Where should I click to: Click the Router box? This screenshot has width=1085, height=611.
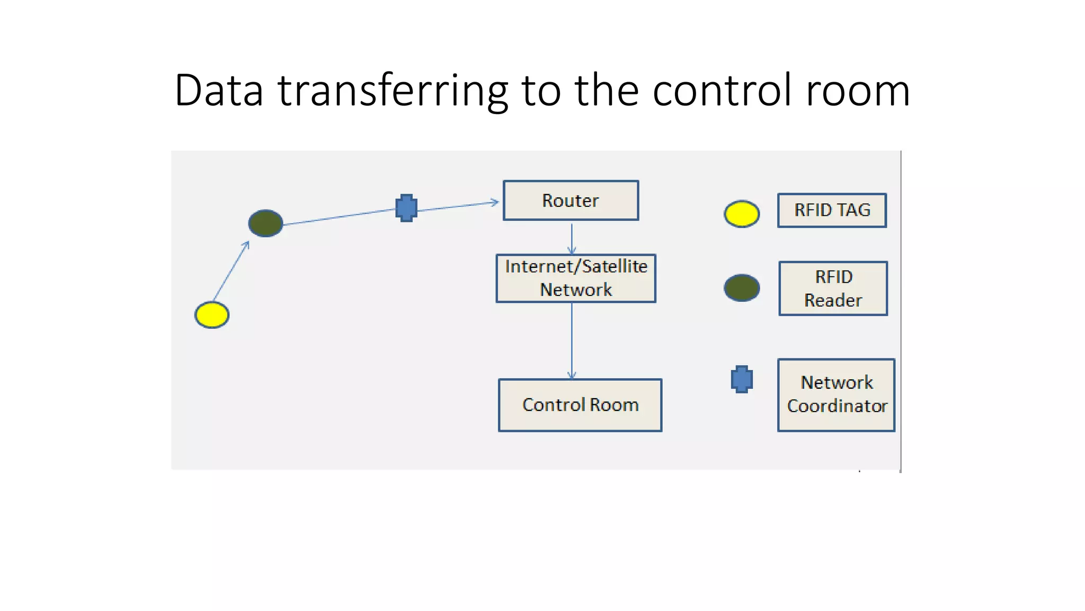point(571,200)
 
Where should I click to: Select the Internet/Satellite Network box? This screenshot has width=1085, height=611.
point(576,278)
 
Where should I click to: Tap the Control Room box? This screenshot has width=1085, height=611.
point(580,405)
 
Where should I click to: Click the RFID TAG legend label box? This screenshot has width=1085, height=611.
point(832,211)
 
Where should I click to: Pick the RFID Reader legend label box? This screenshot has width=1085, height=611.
point(833,289)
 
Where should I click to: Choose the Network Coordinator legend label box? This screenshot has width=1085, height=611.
point(836,395)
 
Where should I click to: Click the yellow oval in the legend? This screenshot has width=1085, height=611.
point(742,214)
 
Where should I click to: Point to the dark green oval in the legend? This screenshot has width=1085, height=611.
point(742,288)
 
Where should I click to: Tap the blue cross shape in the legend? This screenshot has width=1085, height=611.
point(742,379)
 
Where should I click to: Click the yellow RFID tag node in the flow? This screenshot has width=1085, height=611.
point(212,315)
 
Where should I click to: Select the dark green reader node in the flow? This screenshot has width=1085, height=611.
point(265,223)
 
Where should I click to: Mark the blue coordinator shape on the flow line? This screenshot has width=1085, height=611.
point(406,208)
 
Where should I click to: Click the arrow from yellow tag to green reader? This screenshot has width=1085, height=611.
point(231,271)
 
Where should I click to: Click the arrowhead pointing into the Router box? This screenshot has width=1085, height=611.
point(495,202)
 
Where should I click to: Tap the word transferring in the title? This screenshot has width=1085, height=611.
point(393,91)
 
